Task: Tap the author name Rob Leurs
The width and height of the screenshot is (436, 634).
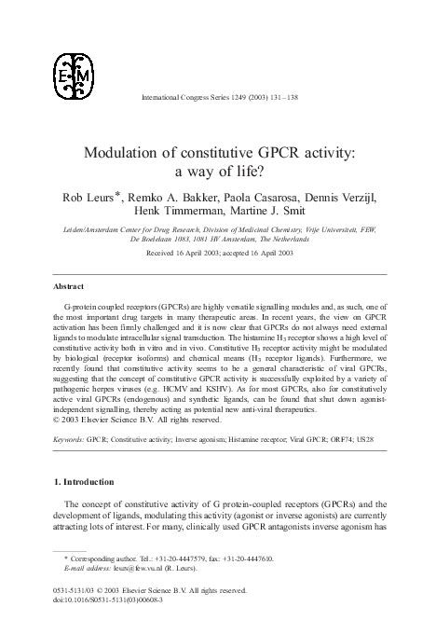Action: [86, 199]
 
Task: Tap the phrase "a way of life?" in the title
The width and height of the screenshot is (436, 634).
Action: [218, 172]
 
